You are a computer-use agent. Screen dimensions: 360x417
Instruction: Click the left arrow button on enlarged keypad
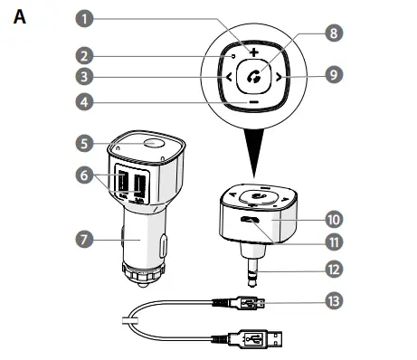226,78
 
